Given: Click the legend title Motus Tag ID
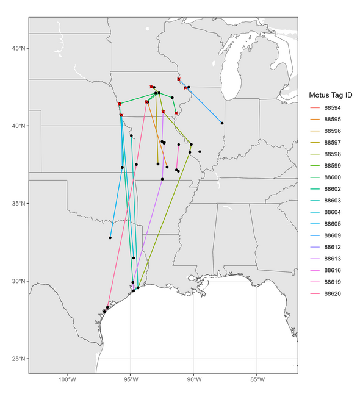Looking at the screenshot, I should pos(330,95).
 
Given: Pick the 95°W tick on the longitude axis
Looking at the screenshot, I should pos(131,381).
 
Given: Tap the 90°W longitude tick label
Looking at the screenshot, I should pos(194,381).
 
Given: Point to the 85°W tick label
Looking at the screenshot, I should pos(257,381).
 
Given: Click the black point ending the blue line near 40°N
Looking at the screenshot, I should pos(222,123).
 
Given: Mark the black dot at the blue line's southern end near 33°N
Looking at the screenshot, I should pos(110,238).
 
